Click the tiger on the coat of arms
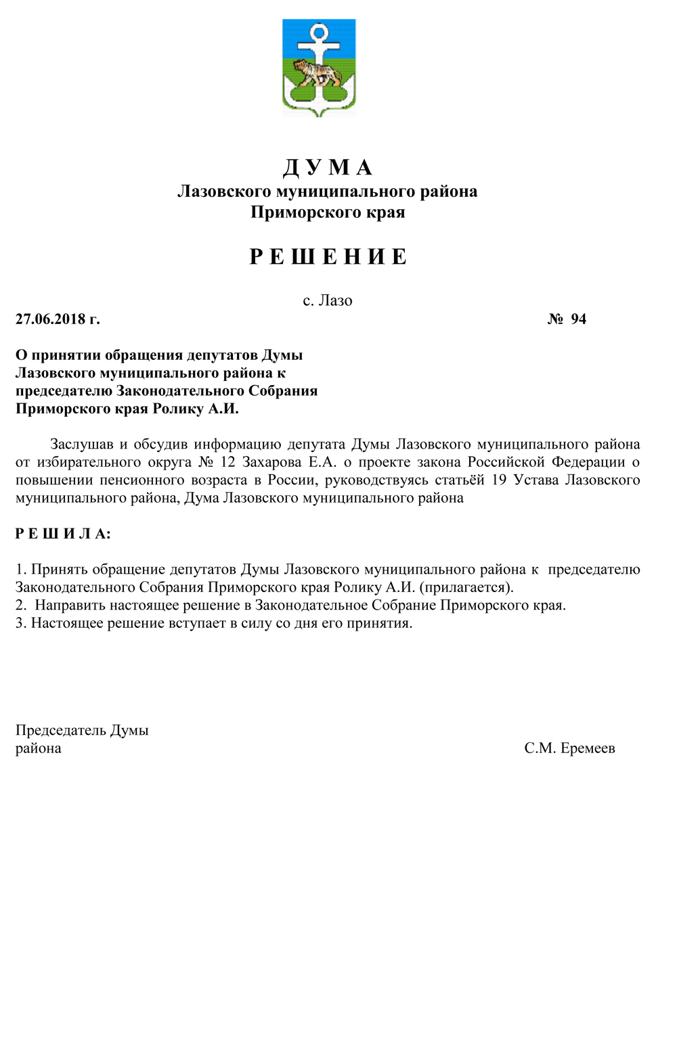click(317, 72)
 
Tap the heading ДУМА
click(328, 167)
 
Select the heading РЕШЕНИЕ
click(328, 257)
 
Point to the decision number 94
click(578, 319)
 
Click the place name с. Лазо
click(328, 300)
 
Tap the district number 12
click(227, 462)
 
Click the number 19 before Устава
click(499, 480)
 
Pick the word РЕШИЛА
click(63, 534)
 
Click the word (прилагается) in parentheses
click(467, 587)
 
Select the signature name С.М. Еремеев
click(569, 748)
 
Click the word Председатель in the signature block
click(61, 731)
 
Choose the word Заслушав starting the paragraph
click(81, 445)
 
